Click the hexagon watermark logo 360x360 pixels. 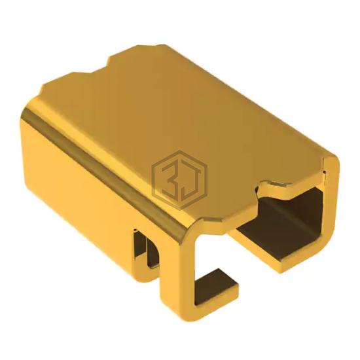179,180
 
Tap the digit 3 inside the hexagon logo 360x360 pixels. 169,179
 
